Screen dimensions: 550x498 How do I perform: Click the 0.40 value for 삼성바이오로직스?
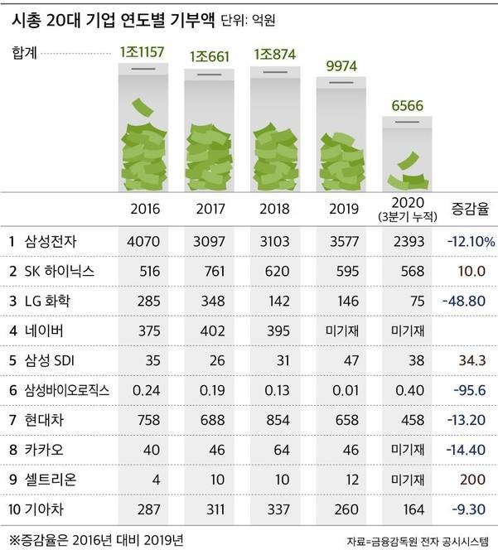406,391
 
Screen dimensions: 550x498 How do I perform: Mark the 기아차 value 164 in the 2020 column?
406,510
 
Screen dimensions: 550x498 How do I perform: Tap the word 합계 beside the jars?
25,54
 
